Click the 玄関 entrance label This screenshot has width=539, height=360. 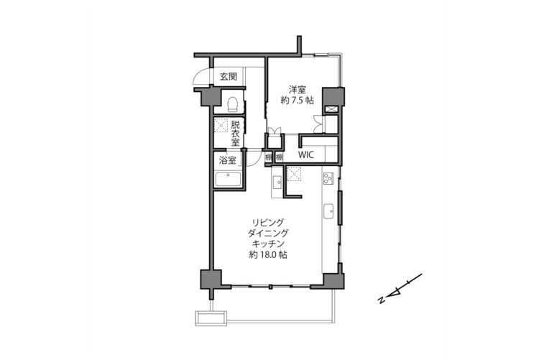(229, 76)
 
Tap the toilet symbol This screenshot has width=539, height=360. (233, 104)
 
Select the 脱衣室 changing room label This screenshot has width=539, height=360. (236, 133)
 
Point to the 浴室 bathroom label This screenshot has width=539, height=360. (228, 160)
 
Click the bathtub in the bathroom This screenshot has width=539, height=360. (228, 180)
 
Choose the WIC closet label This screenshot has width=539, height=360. (305, 154)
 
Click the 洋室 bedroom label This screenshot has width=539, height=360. (298, 90)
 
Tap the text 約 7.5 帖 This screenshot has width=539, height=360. (298, 101)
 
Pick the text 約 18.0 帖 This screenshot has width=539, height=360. (269, 255)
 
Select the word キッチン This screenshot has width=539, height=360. (269, 244)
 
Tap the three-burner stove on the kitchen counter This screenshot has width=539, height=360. (328, 178)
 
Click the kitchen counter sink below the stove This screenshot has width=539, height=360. (329, 211)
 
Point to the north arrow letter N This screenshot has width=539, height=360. (381, 300)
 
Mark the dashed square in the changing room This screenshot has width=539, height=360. (221, 125)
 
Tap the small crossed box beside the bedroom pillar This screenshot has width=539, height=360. (331, 109)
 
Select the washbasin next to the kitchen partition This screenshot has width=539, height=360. (277, 182)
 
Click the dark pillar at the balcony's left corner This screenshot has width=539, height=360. (211, 280)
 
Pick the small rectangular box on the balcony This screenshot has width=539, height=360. (211, 318)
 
